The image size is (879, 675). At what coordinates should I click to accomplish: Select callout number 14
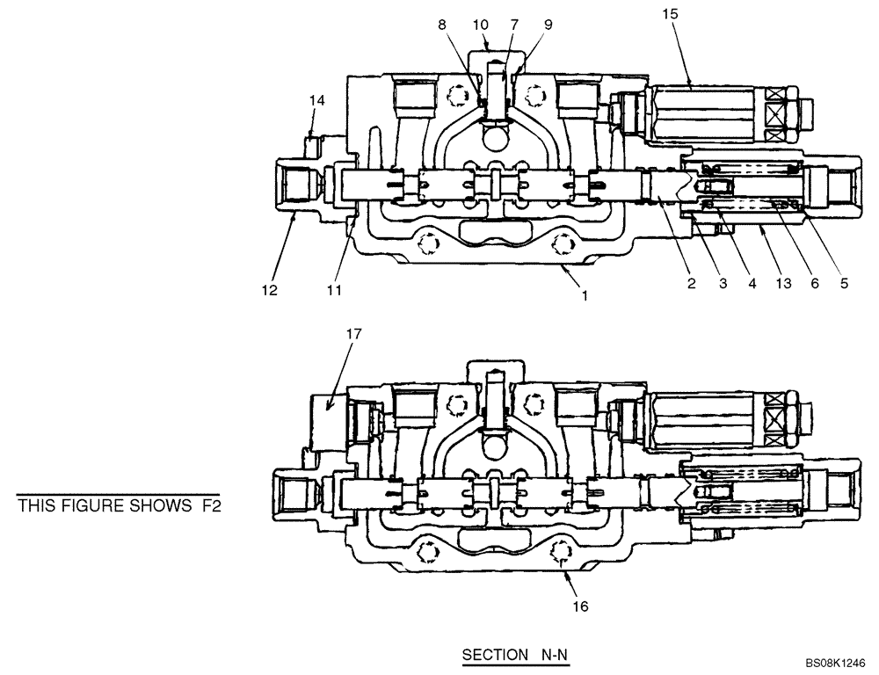click(316, 101)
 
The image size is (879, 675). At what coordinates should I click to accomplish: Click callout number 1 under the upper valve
click(584, 296)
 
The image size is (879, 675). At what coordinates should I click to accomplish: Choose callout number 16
click(583, 606)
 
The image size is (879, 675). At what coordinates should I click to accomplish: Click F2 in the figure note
click(207, 505)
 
